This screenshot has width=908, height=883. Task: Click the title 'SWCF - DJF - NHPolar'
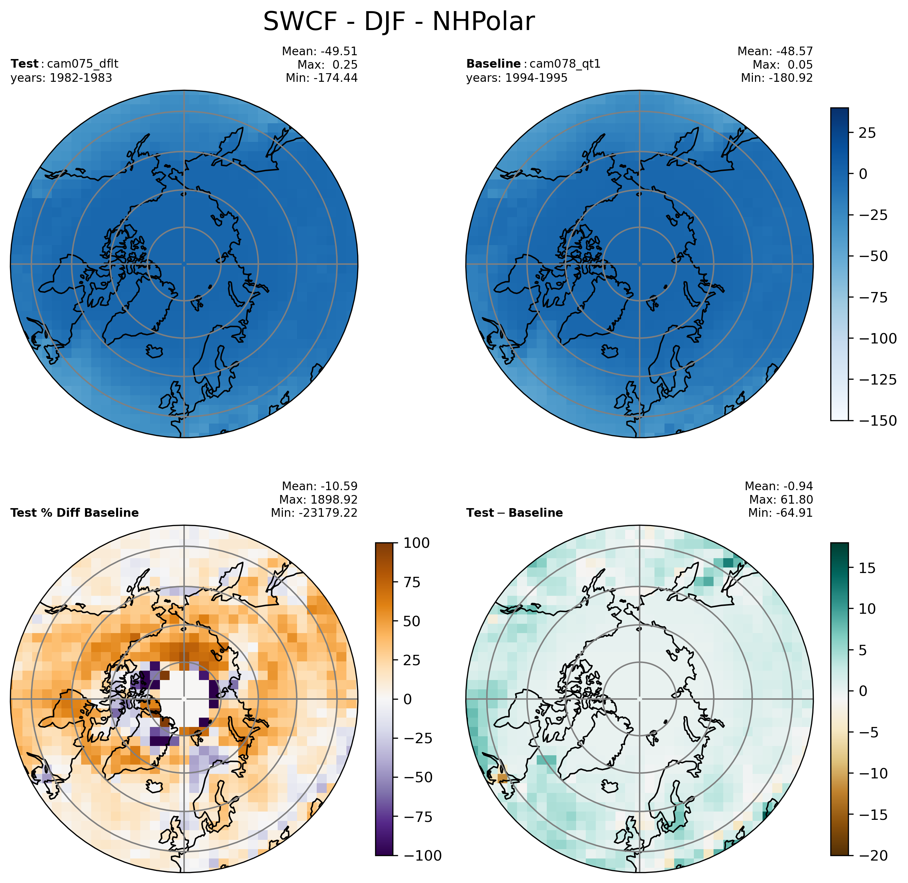[x=399, y=22]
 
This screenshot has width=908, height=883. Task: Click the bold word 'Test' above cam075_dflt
[x=25, y=64]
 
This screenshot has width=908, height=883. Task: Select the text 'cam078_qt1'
[x=565, y=64]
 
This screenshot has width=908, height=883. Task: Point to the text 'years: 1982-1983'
[x=61, y=78]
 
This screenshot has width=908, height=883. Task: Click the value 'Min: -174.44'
[x=321, y=78]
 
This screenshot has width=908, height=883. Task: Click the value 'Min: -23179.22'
[x=314, y=513]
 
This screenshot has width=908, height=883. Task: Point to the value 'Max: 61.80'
[x=781, y=499]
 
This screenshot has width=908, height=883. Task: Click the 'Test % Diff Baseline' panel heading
[x=74, y=513]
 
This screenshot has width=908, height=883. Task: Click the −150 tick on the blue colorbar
[x=878, y=421]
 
